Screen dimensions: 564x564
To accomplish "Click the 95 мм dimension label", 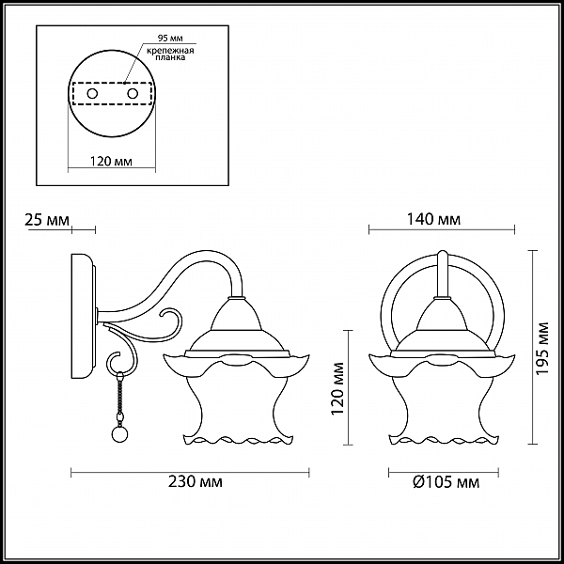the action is click(170, 39).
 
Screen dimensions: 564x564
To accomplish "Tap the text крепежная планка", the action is click(170, 54).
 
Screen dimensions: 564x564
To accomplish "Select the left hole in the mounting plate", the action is click(92, 94).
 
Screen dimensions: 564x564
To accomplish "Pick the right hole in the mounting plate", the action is click(133, 94).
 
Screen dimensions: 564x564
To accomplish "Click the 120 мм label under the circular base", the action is click(111, 161).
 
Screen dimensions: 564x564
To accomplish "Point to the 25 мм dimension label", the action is click(47, 220).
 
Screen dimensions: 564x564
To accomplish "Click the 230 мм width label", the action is click(196, 481).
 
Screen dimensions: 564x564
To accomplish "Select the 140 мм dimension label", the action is click(433, 219).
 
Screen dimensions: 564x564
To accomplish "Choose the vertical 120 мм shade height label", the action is click(337, 388).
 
